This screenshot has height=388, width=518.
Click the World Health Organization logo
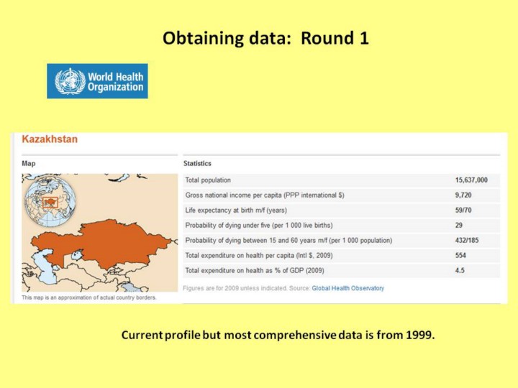(97, 81)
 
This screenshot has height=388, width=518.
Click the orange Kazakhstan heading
(50, 139)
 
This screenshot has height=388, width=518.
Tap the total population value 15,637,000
(471, 180)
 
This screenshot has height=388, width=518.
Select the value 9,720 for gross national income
(463, 195)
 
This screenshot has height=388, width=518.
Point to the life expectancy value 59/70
(463, 210)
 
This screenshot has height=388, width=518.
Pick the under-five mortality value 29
(459, 226)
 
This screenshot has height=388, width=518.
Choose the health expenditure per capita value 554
(460, 255)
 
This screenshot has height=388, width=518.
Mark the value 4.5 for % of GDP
(460, 271)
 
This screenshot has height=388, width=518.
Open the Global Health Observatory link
(348, 288)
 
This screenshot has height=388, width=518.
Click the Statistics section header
(197, 163)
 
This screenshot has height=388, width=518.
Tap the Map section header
(29, 163)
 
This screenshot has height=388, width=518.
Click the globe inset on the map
(50, 201)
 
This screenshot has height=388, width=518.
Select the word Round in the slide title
(327, 38)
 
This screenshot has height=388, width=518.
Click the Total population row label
(208, 180)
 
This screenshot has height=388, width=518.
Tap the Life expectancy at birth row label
(236, 210)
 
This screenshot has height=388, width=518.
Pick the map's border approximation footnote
(89, 297)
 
